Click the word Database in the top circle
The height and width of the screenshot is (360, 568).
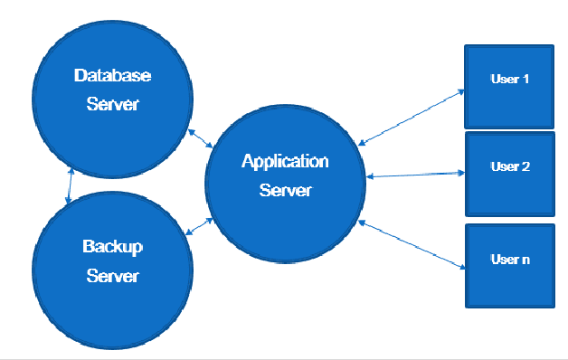click(112, 75)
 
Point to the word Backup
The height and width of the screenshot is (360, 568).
click(112, 246)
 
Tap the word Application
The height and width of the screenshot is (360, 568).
click(285, 162)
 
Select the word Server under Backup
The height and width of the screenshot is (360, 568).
click(112, 275)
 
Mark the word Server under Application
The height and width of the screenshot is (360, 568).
click(285, 190)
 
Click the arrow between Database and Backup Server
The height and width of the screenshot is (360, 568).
click(69, 185)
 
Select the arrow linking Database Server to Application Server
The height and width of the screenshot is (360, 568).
click(200, 137)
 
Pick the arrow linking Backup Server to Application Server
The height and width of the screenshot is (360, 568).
click(199, 226)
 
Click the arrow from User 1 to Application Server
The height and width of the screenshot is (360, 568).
click(412, 116)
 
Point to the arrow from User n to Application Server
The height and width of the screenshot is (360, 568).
click(412, 244)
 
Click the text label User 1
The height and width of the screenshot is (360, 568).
click(509, 80)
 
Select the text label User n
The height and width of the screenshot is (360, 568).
click(509, 260)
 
